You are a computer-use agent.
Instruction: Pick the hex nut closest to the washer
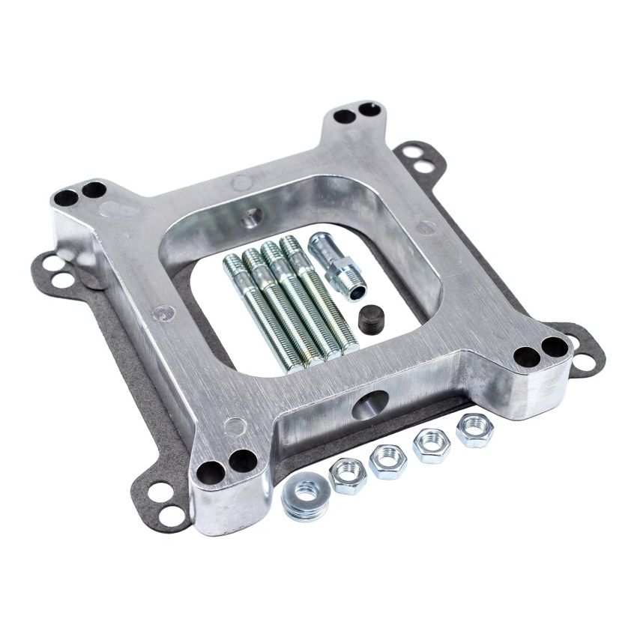(348, 474)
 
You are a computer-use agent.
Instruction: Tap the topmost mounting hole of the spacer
(370, 110)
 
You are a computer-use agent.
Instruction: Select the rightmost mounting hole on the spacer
(553, 348)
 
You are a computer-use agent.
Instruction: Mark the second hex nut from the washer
(387, 460)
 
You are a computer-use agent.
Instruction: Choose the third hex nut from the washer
(432, 445)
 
